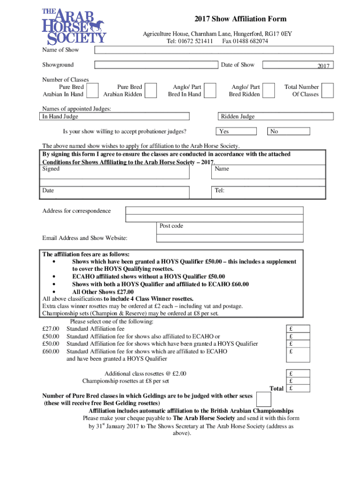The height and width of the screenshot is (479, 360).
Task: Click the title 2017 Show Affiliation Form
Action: pyautogui.click(x=240, y=19)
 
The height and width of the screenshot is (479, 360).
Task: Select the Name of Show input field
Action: pyautogui.click(x=214, y=50)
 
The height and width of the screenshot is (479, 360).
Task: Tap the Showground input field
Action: pyautogui.click(x=156, y=65)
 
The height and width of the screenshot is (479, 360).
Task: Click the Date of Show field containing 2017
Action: pyautogui.click(x=298, y=65)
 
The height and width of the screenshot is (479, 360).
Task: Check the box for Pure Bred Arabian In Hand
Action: pyautogui.click(x=93, y=90)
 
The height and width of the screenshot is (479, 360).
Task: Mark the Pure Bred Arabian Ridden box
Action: pyautogui.click(x=150, y=90)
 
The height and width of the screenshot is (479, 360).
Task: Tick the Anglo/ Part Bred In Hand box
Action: pyautogui.click(x=210, y=90)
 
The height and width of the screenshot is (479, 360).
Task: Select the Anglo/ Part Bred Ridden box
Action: pyautogui.click(x=268, y=90)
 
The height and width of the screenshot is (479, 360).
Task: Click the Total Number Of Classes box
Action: pyautogui.click(x=328, y=90)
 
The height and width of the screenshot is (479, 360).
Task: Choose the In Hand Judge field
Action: pyautogui.click(x=115, y=117)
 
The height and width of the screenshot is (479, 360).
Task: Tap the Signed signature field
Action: pyautogui.click(x=115, y=172)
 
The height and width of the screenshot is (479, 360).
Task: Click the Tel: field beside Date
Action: pyautogui.click(x=269, y=192)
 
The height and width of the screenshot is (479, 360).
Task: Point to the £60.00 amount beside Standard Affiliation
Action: pyautogui.click(x=50, y=351)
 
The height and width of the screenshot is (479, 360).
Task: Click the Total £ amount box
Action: pyautogui.click(x=298, y=388)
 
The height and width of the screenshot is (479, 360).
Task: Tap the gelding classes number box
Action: pyautogui.click(x=264, y=399)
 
